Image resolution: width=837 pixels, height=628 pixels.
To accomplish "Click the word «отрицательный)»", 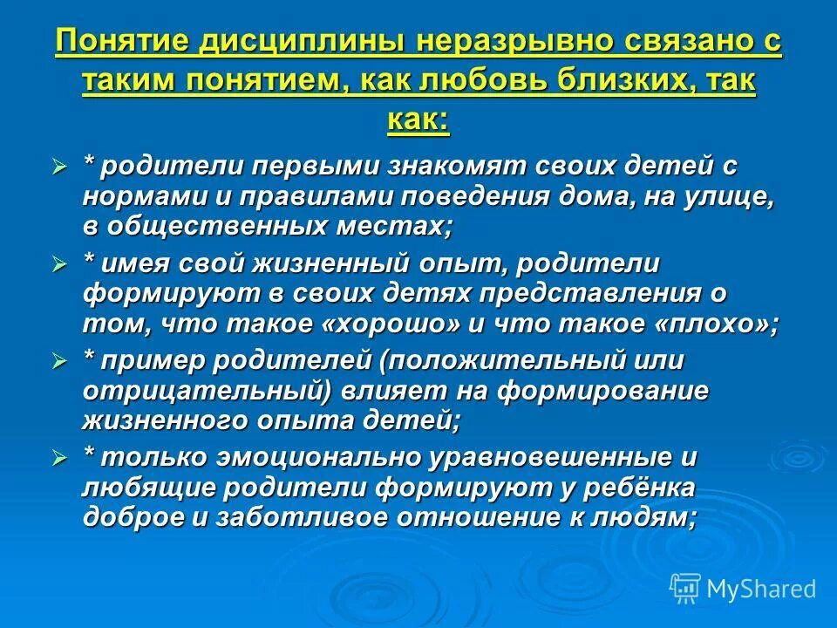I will tap(207, 390).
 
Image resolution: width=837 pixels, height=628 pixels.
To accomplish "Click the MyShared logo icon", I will tap(685, 588).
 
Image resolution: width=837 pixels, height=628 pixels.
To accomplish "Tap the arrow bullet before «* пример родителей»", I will tap(60, 360).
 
